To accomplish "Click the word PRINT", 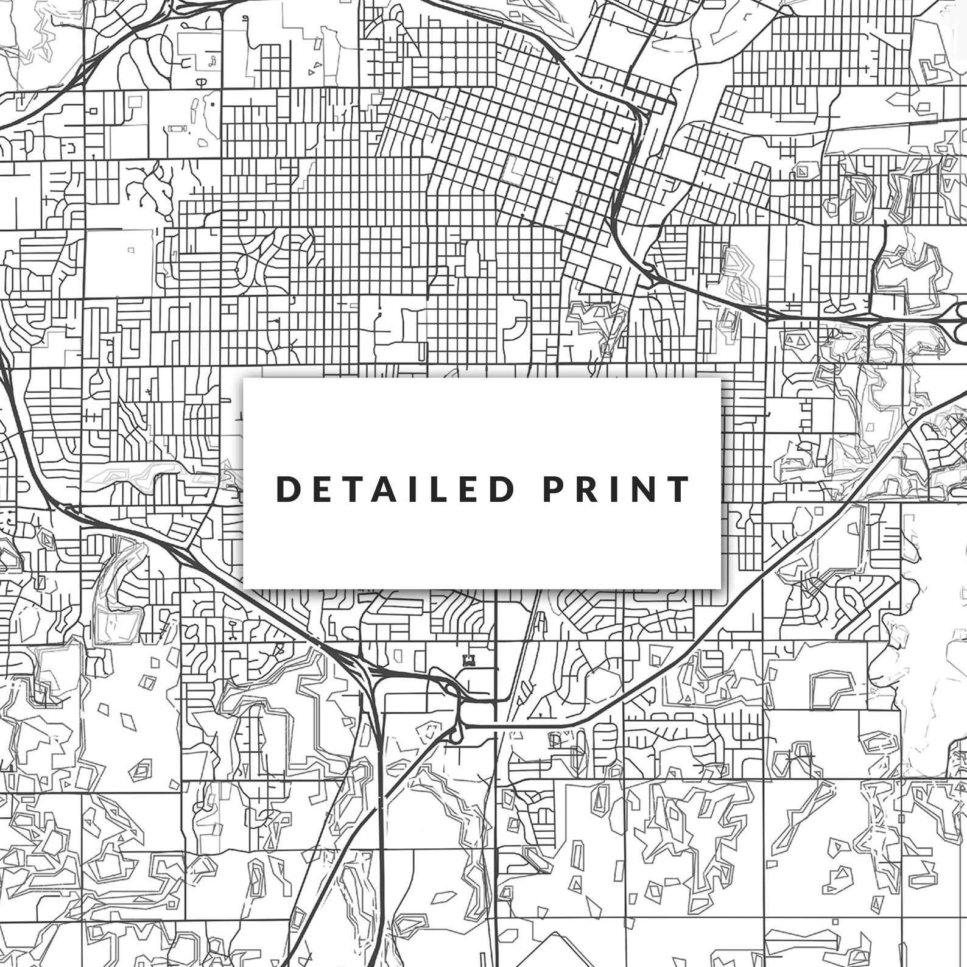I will click(x=616, y=489).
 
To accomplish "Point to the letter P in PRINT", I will click(x=554, y=489).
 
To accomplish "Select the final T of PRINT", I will click(x=679, y=489).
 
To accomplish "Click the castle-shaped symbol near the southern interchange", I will click(x=468, y=660).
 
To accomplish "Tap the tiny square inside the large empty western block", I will click(x=130, y=250).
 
